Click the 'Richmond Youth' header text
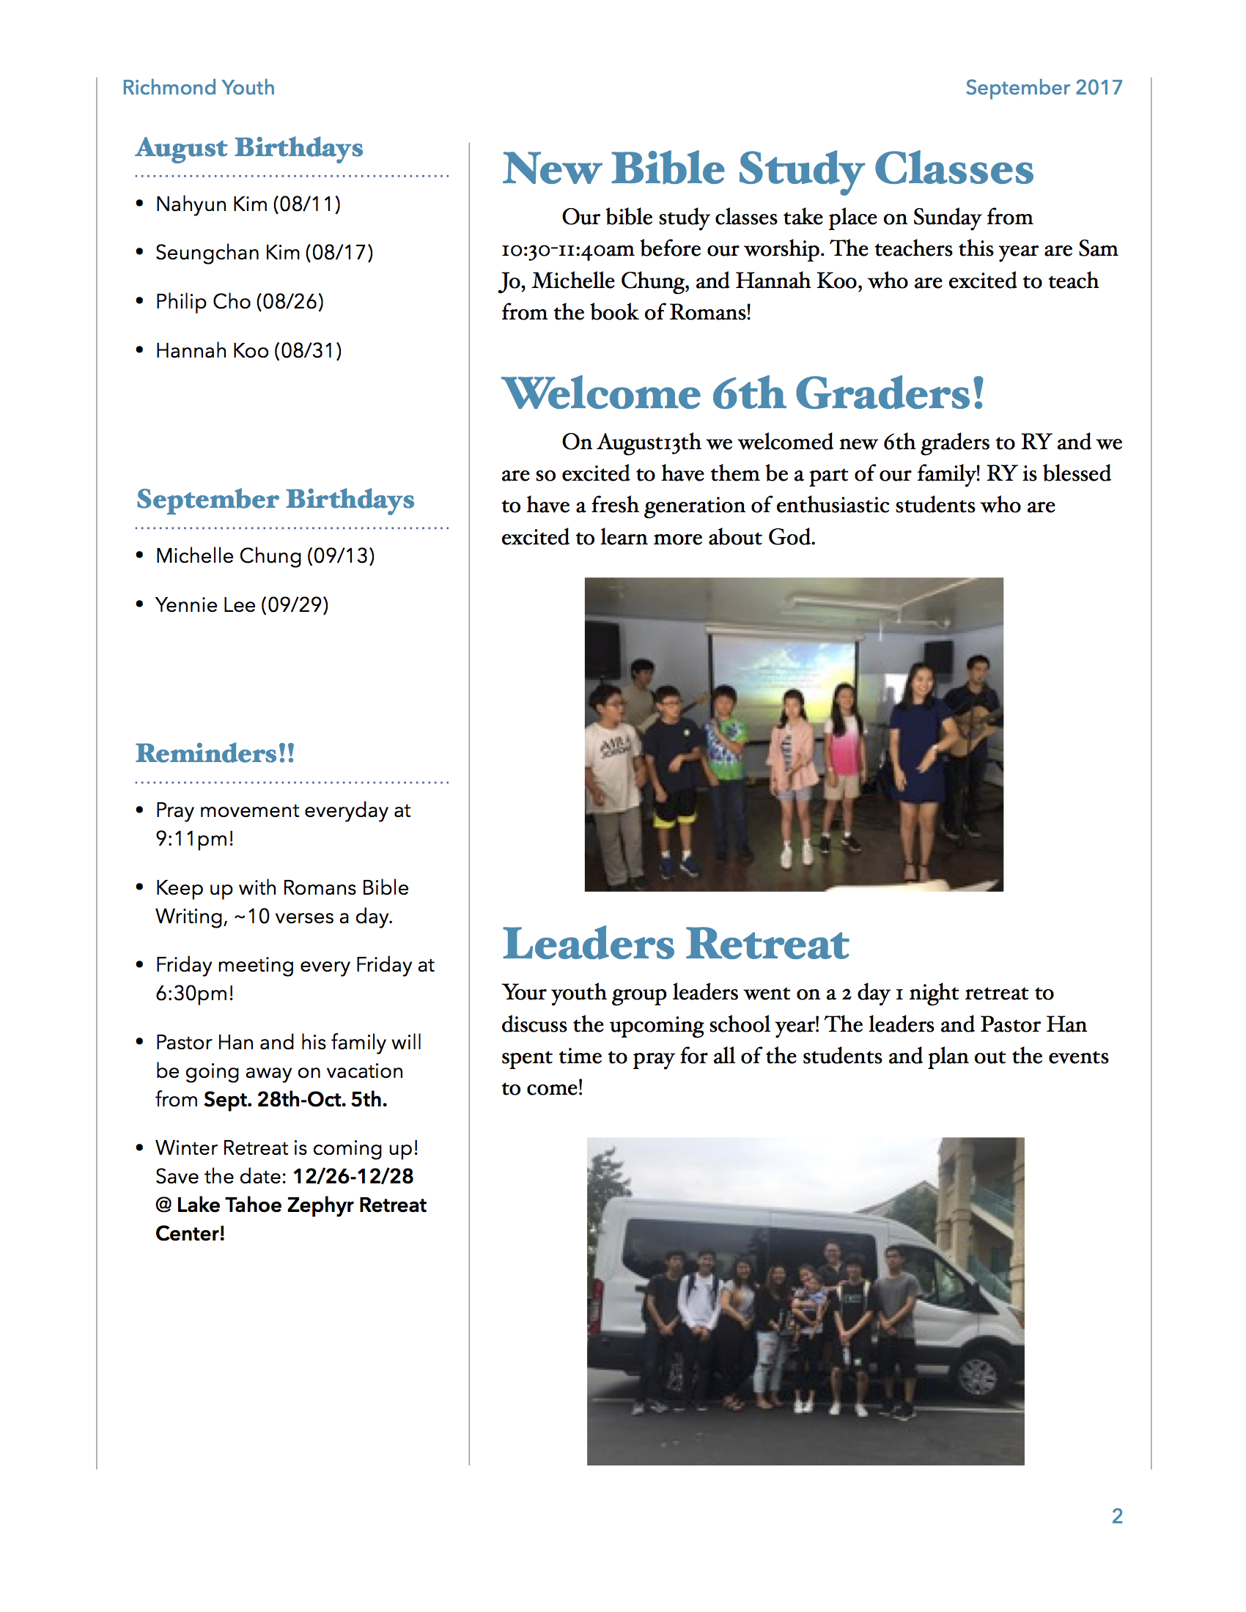pos(198,87)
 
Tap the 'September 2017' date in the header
pos(1043,87)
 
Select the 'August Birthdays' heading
pos(249,147)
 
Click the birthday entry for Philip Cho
pos(239,301)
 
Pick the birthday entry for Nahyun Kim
pos(248,204)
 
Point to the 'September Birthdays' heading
pos(276,499)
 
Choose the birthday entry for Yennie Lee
pos(242,604)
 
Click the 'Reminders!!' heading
pos(215,753)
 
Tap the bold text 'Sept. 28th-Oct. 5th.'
pos(295,1099)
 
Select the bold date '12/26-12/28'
pos(353,1176)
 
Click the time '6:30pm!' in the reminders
pos(195,993)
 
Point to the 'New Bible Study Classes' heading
pos(767,169)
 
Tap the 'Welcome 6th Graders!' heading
pos(743,393)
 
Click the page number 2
pos(1117,1515)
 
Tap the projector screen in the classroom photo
pos(784,672)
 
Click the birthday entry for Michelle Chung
pos(265,555)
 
